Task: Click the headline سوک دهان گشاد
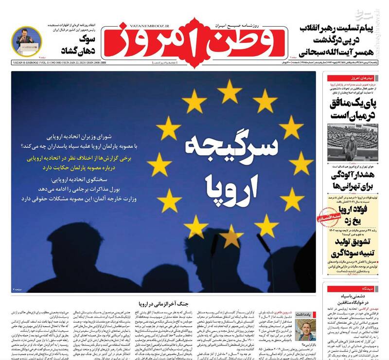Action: [x=78, y=44]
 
